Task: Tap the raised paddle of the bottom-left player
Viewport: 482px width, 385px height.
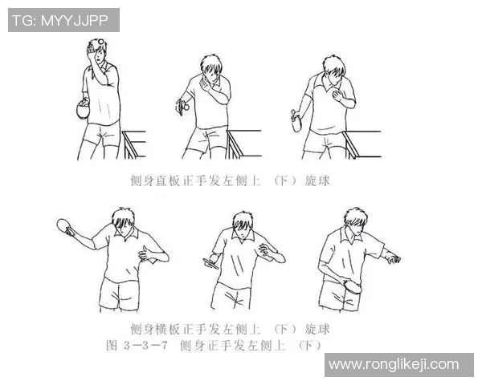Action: pyautogui.click(x=67, y=228)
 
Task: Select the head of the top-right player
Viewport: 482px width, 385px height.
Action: pyautogui.click(x=334, y=71)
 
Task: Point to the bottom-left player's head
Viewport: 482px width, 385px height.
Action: pyautogui.click(x=122, y=221)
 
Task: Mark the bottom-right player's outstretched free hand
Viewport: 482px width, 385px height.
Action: pyautogui.click(x=392, y=258)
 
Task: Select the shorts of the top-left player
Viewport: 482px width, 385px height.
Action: pyautogui.click(x=102, y=132)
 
